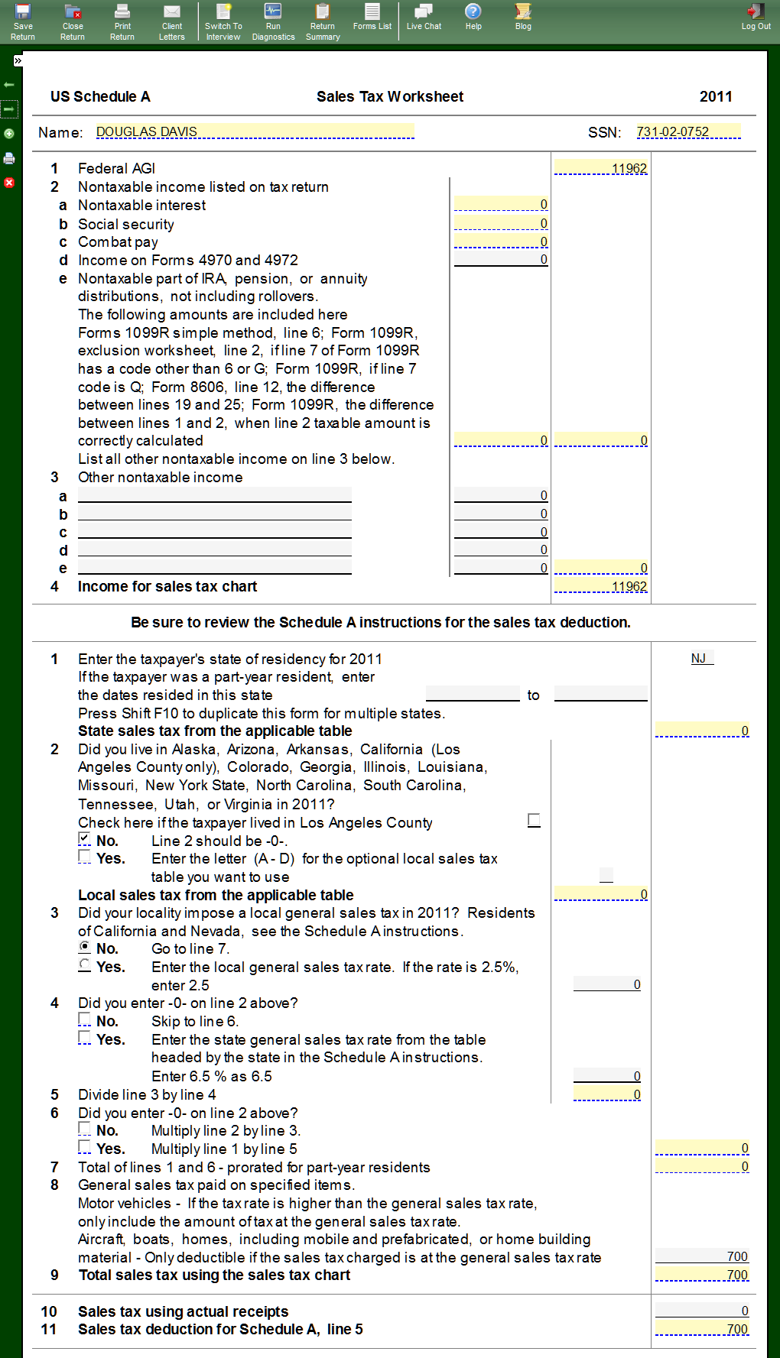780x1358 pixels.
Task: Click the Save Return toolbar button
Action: pyautogui.click(x=23, y=21)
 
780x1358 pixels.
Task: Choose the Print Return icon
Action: pyautogui.click(x=122, y=21)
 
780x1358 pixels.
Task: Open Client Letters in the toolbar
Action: pyautogui.click(x=172, y=21)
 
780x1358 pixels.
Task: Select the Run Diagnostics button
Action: pyautogui.click(x=273, y=21)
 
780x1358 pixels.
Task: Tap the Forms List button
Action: pyautogui.click(x=372, y=16)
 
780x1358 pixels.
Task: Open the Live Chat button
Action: pyautogui.click(x=424, y=16)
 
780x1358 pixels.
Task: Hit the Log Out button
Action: pyautogui.click(x=756, y=16)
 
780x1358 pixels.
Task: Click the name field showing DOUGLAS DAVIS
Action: pyautogui.click(x=255, y=131)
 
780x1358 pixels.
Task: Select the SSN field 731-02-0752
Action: pyautogui.click(x=688, y=131)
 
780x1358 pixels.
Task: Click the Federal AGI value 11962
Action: pyautogui.click(x=601, y=168)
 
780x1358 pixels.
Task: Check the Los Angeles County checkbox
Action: pyautogui.click(x=534, y=820)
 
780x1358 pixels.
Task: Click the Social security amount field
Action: pyautogui.click(x=501, y=223)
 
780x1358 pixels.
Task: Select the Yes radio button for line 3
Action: pyautogui.click(x=85, y=965)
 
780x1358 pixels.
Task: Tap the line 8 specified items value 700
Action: pyautogui.click(x=702, y=1256)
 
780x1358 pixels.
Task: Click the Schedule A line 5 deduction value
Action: pyautogui.click(x=702, y=1329)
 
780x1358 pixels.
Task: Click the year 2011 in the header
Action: pyautogui.click(x=716, y=96)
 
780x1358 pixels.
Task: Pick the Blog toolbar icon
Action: pyautogui.click(x=523, y=16)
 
